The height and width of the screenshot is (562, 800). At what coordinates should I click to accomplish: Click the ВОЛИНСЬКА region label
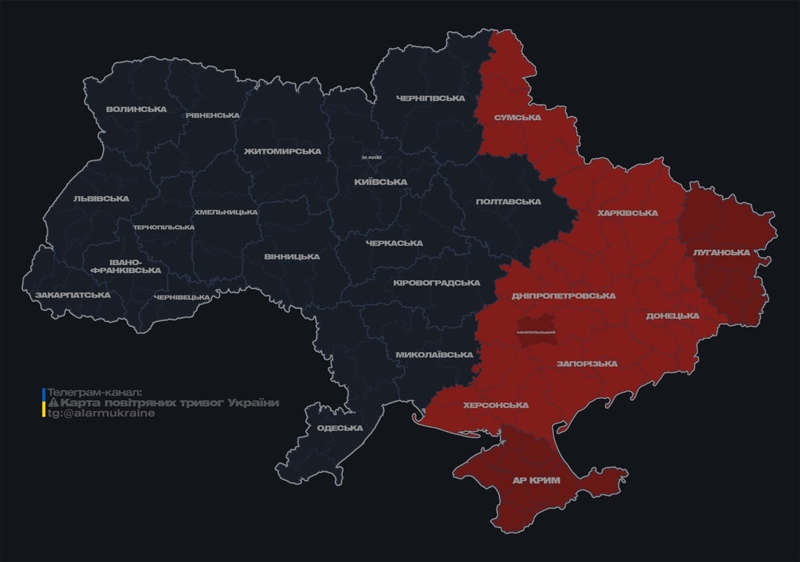(136, 110)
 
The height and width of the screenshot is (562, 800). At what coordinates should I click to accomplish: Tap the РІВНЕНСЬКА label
(213, 116)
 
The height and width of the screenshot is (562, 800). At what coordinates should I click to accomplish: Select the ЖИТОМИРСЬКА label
(282, 151)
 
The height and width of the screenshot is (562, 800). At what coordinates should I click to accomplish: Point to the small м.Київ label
(371, 157)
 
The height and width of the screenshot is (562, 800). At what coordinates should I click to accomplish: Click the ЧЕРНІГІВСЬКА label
(431, 98)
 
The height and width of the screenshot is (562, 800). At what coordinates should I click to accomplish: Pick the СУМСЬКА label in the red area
(517, 117)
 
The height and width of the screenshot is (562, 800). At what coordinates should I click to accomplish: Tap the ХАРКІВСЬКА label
(627, 213)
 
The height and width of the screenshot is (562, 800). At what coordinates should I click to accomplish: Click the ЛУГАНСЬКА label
(721, 252)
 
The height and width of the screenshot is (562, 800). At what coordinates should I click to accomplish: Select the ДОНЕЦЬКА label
(672, 316)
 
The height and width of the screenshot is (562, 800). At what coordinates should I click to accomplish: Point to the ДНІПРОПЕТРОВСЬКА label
(564, 296)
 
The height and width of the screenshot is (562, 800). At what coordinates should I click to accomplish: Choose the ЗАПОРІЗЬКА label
(586, 364)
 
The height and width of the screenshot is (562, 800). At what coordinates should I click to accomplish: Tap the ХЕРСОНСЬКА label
(496, 405)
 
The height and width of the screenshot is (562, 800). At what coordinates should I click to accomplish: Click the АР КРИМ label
(535, 480)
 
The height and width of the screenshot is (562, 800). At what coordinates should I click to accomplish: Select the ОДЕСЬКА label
(340, 428)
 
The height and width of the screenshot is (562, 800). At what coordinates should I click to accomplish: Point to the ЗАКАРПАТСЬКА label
(73, 295)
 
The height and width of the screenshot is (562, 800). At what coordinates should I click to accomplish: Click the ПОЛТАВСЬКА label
(508, 202)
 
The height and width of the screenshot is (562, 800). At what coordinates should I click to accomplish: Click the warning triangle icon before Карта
(53, 403)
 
